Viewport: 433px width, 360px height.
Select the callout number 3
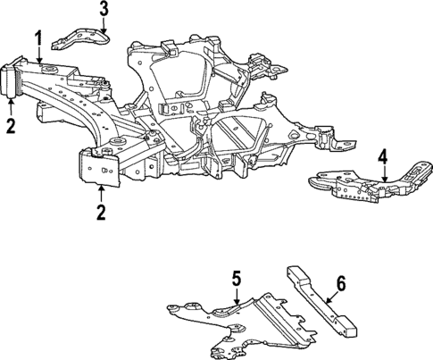pos(104,10)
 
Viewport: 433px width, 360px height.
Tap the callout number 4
pos(382,160)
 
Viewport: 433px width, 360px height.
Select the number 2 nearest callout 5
pos(100,212)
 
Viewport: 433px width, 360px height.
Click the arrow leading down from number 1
pos(39,55)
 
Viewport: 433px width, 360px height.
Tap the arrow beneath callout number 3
pos(104,27)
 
